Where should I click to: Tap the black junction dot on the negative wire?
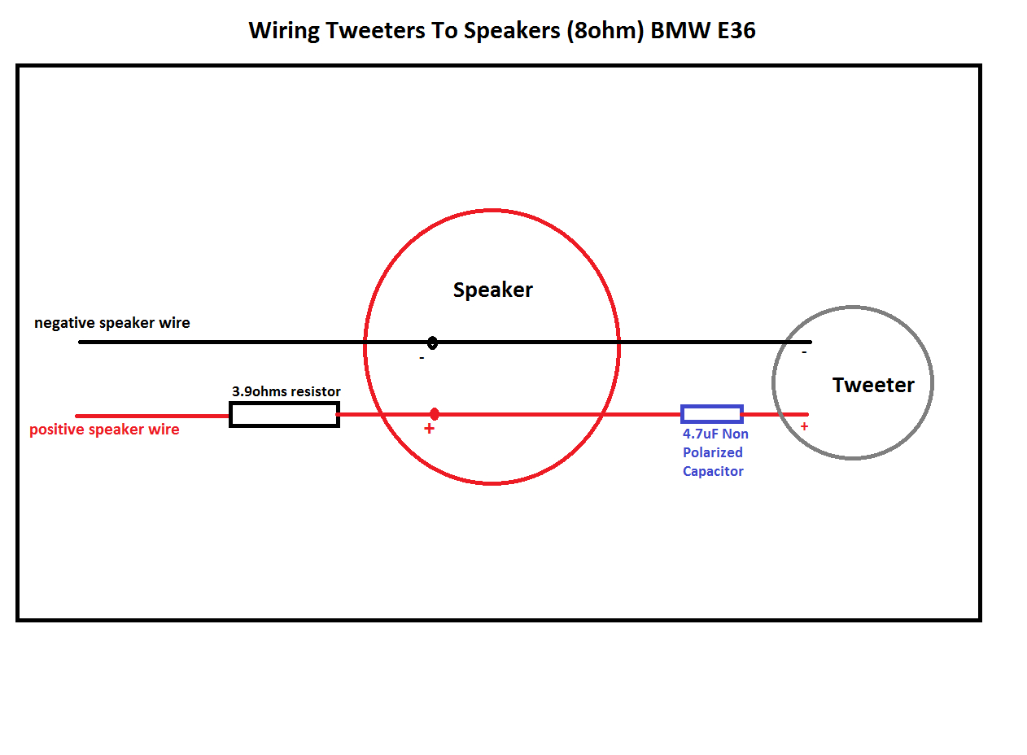pyautogui.click(x=432, y=343)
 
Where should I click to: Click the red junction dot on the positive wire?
pyautogui.click(x=435, y=414)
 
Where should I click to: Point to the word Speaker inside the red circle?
pyautogui.click(x=493, y=290)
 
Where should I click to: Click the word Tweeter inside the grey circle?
pyautogui.click(x=873, y=385)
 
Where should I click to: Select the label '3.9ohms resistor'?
pyautogui.click(x=286, y=391)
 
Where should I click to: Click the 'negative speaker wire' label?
pyautogui.click(x=111, y=323)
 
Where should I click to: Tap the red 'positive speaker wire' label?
pyautogui.click(x=104, y=430)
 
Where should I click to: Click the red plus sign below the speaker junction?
pyautogui.click(x=429, y=429)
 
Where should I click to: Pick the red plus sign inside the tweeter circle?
pyautogui.click(x=804, y=427)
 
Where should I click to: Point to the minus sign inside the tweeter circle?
pyautogui.click(x=804, y=352)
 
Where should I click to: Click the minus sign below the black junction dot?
pyautogui.click(x=422, y=358)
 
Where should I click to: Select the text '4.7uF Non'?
pyautogui.click(x=715, y=434)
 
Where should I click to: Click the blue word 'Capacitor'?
pyautogui.click(x=713, y=472)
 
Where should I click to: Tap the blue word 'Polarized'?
pyautogui.click(x=713, y=453)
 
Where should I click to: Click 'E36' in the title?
pyautogui.click(x=736, y=31)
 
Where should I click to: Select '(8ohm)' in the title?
pyautogui.click(x=605, y=32)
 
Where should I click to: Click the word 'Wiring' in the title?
pyautogui.click(x=284, y=32)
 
